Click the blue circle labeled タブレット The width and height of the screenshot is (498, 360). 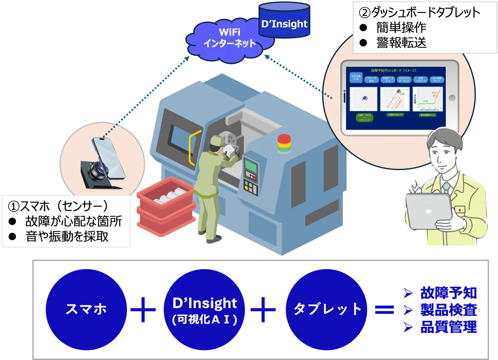pos(327,309)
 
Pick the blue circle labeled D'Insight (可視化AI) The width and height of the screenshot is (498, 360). pos(204,309)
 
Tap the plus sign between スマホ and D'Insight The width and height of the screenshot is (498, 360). pos(143,309)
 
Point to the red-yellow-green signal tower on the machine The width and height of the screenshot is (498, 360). pos(284,143)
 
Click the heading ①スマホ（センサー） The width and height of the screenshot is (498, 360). pos(58,206)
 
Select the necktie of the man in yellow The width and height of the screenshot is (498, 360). pos(446,188)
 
